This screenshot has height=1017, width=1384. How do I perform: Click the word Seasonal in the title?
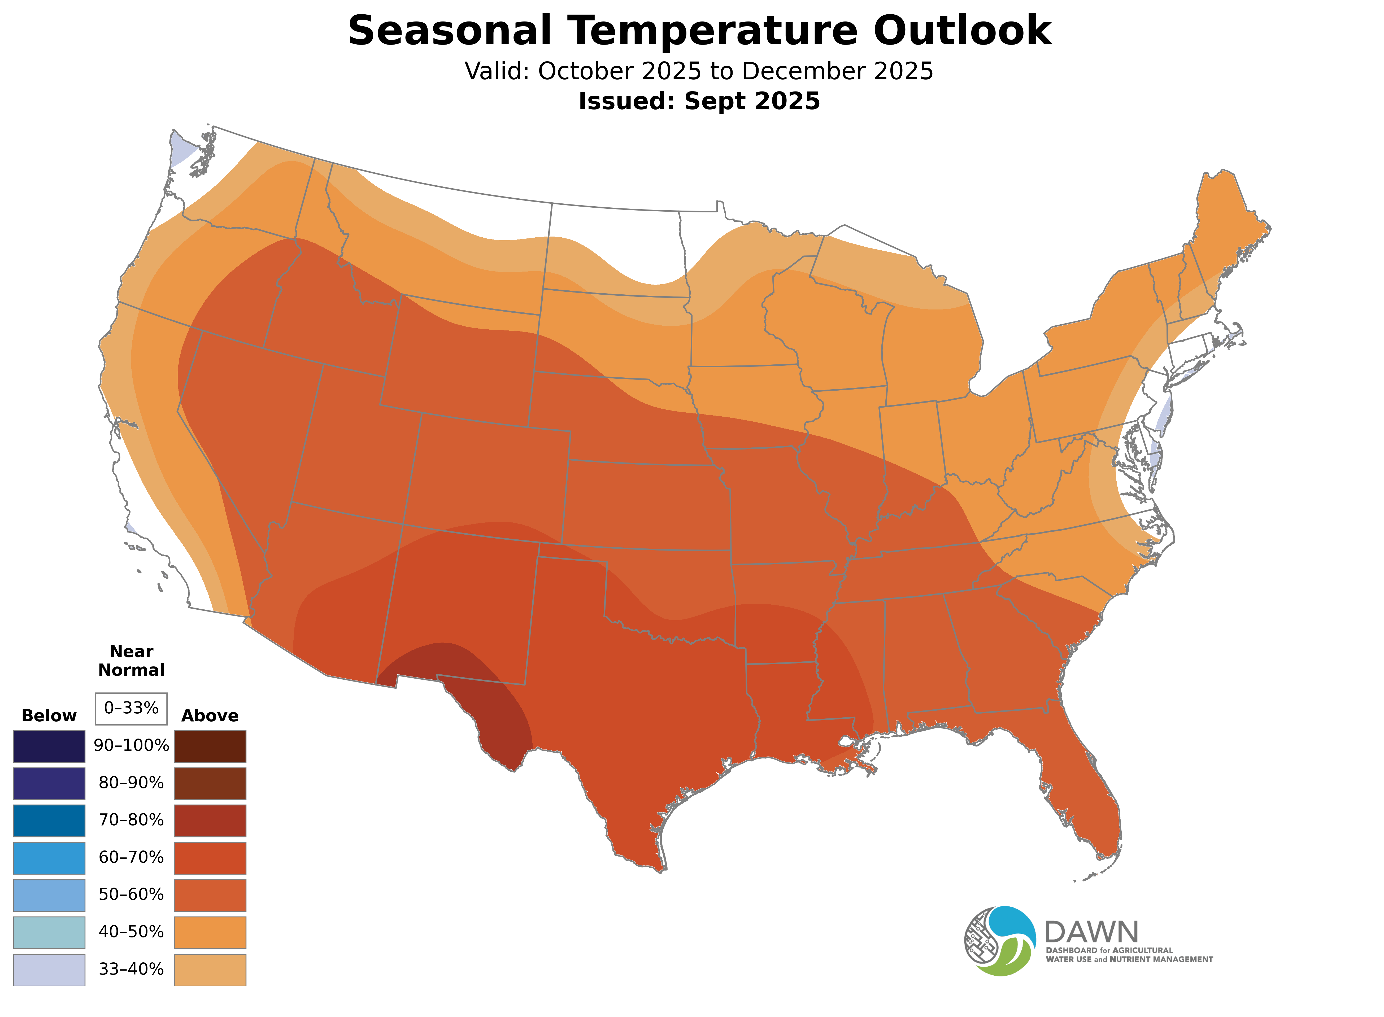449,31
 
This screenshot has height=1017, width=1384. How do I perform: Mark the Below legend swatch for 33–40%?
49,970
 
